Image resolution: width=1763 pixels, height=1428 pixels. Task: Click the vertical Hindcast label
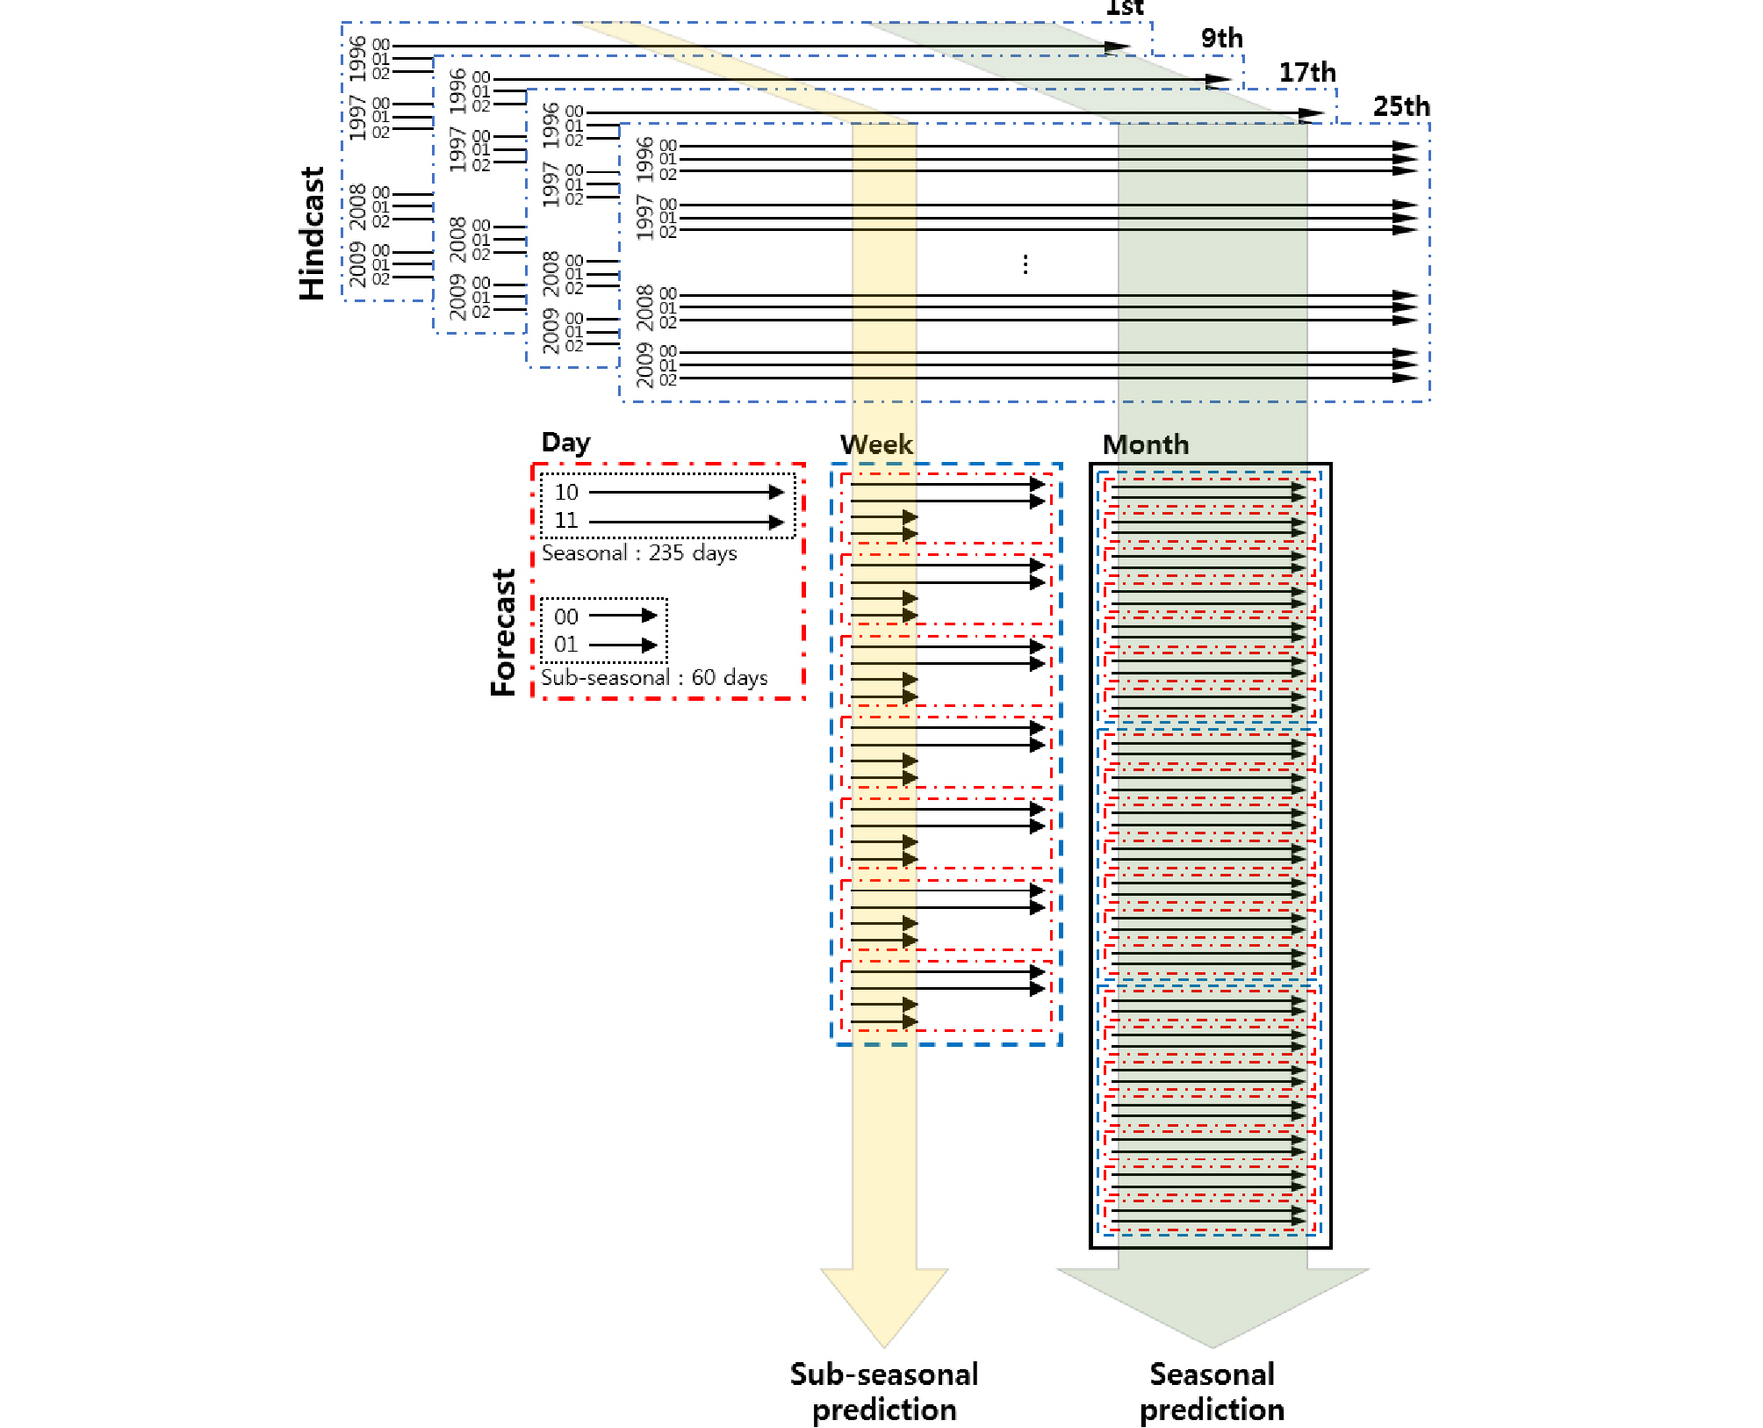(x=313, y=234)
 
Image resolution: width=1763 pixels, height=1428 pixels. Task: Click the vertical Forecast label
(x=504, y=632)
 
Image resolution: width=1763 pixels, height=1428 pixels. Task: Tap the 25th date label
(x=1401, y=106)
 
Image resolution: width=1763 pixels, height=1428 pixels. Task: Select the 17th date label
(x=1306, y=72)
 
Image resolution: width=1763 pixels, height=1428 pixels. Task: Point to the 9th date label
(x=1221, y=38)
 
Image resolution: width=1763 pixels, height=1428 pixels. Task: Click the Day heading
(x=565, y=442)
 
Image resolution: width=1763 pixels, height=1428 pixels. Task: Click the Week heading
(x=876, y=444)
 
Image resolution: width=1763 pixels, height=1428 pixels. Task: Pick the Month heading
(x=1146, y=444)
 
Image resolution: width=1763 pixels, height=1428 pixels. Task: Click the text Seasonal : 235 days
(x=639, y=553)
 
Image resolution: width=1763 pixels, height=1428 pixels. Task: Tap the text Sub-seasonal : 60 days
(x=654, y=678)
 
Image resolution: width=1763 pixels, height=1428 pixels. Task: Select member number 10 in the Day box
(x=566, y=493)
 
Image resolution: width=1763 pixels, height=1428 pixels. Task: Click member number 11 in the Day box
(x=566, y=521)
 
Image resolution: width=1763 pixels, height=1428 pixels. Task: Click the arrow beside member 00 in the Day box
(x=622, y=616)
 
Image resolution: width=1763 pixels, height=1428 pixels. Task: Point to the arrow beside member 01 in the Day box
(x=622, y=645)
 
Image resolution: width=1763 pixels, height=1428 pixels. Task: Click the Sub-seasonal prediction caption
(x=884, y=1392)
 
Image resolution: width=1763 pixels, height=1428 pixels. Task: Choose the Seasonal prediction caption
(x=1212, y=1392)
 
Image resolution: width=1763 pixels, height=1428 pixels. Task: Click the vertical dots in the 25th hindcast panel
(x=1025, y=263)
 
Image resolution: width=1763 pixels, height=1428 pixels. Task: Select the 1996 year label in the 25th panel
(x=645, y=158)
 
